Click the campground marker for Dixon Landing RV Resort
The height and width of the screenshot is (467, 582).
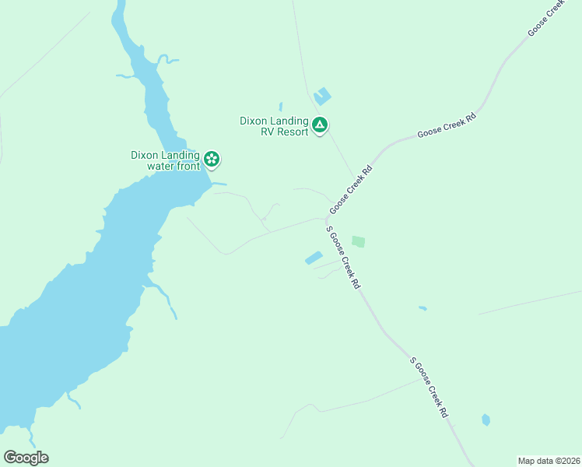(319, 125)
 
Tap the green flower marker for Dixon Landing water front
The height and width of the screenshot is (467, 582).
(212, 160)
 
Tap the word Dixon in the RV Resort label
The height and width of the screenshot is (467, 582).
(254, 121)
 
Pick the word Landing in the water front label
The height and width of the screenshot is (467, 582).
(181, 155)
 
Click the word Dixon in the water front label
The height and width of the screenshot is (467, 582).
(145, 155)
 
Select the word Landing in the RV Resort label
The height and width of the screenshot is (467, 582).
(290, 121)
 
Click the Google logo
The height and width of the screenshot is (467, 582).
(26, 458)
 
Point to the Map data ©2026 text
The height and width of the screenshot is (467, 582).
(549, 461)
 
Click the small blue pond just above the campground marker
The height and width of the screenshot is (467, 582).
(321, 97)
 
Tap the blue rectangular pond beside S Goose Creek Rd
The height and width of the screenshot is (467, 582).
(313, 258)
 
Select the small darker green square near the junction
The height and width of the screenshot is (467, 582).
(358, 242)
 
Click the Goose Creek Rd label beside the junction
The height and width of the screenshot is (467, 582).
(351, 190)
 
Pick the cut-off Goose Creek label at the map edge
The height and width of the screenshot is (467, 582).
(546, 17)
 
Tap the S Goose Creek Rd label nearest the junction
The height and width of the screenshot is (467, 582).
(343, 258)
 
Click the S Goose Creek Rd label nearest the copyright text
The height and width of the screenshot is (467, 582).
(429, 388)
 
